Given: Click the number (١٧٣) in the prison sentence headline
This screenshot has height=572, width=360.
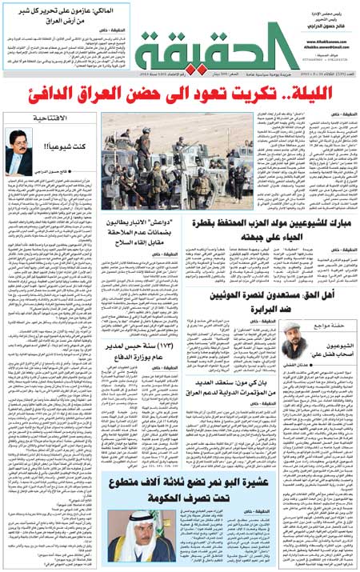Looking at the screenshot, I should click(x=185, y=346).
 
